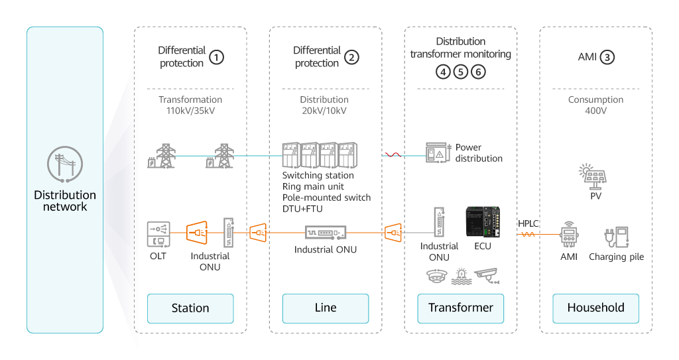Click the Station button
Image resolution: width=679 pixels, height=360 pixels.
tap(190, 308)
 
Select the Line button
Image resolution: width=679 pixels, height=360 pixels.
tap(325, 308)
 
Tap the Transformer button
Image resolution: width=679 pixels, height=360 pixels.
tap(460, 308)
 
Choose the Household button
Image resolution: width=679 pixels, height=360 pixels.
tap(595, 308)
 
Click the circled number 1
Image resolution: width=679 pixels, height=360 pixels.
tap(216, 57)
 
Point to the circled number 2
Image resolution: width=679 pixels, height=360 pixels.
tap(351, 57)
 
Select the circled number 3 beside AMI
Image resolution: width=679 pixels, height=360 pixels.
tap(607, 57)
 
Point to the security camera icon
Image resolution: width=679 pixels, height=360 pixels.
tap(487, 276)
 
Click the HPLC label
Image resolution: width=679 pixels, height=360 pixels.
tap(528, 223)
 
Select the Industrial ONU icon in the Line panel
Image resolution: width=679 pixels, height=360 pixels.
tap(325, 233)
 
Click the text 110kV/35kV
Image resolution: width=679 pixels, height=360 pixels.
tap(190, 111)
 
